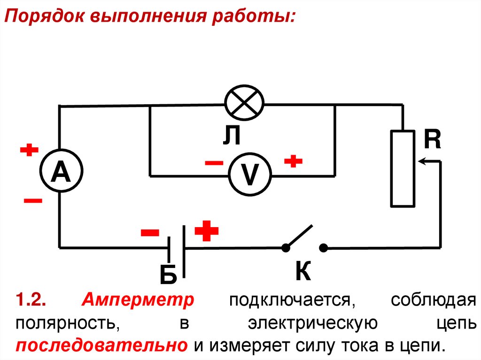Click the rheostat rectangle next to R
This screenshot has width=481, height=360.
(403, 169)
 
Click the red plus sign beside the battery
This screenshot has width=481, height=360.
(207, 231)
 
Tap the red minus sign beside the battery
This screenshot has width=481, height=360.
(150, 232)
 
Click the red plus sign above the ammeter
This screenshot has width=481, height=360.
(29, 151)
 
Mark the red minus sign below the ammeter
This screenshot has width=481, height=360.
(33, 201)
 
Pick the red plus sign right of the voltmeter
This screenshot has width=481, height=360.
(293, 161)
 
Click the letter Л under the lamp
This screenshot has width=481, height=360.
(232, 137)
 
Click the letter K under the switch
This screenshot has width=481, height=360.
(303, 271)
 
